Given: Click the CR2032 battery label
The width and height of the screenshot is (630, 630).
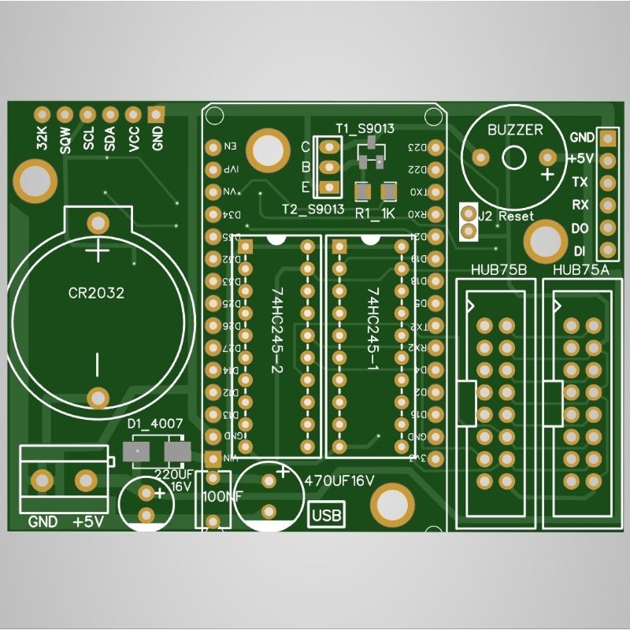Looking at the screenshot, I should click(x=96, y=293).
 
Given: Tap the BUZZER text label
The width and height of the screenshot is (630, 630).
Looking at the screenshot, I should click(x=515, y=130).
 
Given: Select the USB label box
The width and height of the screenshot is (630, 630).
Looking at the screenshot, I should click(x=327, y=516).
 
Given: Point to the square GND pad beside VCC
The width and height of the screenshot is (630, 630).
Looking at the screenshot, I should click(x=157, y=114).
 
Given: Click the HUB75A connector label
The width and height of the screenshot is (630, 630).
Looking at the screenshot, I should click(x=582, y=270).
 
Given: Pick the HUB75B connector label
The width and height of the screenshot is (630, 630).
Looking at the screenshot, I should click(x=498, y=270).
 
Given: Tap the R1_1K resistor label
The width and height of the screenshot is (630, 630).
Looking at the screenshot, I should click(x=374, y=213).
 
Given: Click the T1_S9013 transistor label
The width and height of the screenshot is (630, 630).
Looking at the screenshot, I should click(x=365, y=128).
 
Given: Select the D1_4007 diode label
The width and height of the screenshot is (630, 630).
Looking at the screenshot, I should click(x=155, y=424).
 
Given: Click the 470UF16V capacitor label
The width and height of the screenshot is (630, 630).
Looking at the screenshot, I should click(x=339, y=478).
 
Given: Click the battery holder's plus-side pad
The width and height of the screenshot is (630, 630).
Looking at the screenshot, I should click(x=98, y=222).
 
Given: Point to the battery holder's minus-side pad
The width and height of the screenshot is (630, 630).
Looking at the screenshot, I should click(x=98, y=398).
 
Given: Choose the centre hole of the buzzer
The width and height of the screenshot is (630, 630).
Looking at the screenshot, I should click(x=513, y=157).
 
